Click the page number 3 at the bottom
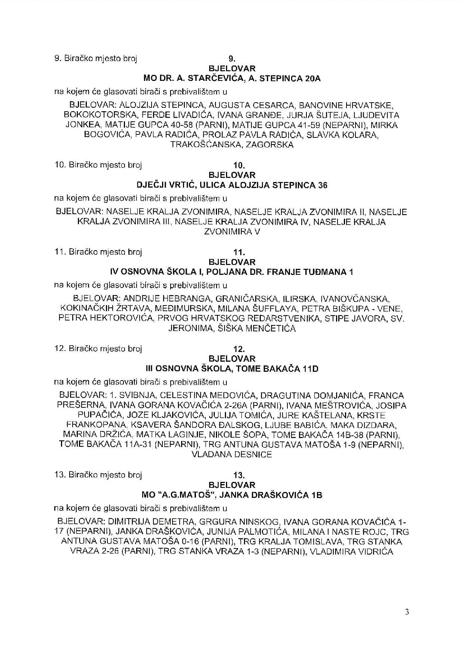pyautogui.click(x=407, y=613)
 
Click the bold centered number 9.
pyautogui.click(x=232, y=59)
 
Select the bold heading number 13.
pyautogui.click(x=239, y=476)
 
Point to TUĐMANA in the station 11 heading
pyautogui.click(x=329, y=272)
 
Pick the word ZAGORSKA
pyautogui.click(x=270, y=145)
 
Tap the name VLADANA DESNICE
pyautogui.click(x=232, y=455)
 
